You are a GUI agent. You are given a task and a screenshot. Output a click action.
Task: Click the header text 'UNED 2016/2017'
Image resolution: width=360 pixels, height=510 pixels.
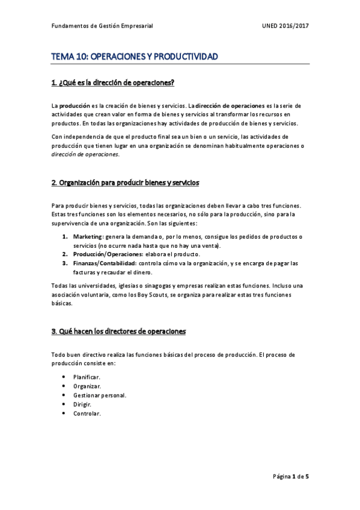pyautogui.click(x=285, y=26)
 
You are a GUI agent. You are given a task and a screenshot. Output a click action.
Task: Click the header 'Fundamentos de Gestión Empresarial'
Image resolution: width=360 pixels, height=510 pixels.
pyautogui.click(x=102, y=26)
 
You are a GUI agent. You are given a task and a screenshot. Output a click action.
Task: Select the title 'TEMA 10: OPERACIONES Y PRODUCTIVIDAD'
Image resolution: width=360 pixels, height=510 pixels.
pyautogui.click(x=134, y=57)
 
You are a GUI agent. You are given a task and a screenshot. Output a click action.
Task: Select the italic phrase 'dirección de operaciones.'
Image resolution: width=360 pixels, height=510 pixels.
pyautogui.click(x=85, y=154)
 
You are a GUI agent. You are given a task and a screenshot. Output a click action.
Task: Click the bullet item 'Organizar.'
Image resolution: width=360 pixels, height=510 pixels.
pyautogui.click(x=87, y=386)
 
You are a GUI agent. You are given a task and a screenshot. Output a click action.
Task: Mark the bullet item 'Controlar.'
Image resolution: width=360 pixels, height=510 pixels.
pyautogui.click(x=87, y=414)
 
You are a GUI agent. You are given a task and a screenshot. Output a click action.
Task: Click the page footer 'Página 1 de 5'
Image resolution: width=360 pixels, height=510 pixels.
pyautogui.click(x=291, y=476)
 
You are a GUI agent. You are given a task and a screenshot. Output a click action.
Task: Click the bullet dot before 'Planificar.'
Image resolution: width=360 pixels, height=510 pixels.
pyautogui.click(x=63, y=376)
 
